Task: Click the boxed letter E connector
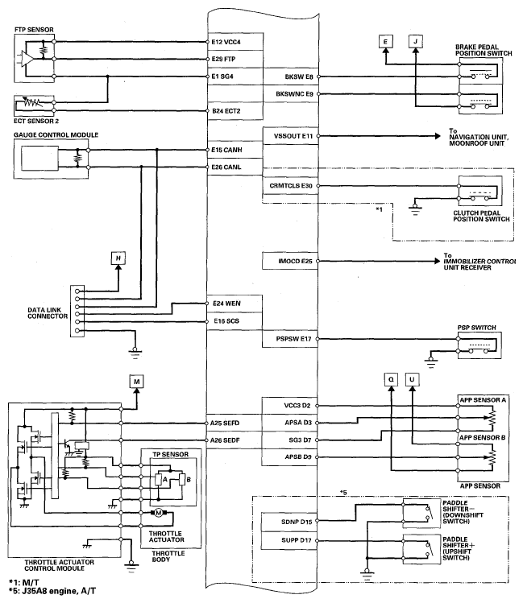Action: pyautogui.click(x=385, y=40)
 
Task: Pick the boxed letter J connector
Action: pyautogui.click(x=414, y=40)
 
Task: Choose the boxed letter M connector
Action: pyautogui.click(x=136, y=380)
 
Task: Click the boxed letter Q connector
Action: pyautogui.click(x=391, y=378)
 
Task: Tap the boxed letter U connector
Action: pyautogui.click(x=413, y=378)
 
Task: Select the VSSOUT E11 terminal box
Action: pyautogui.click(x=292, y=137)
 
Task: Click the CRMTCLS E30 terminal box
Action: pyautogui.click(x=292, y=185)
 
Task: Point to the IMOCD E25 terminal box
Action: pyautogui.click(x=292, y=262)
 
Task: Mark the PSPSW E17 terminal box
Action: pyautogui.click(x=292, y=340)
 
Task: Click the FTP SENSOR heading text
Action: pyautogui.click(x=35, y=29)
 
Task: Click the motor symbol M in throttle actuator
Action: pyautogui.click(x=160, y=512)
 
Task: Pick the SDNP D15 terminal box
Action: pyautogui.click(x=292, y=522)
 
